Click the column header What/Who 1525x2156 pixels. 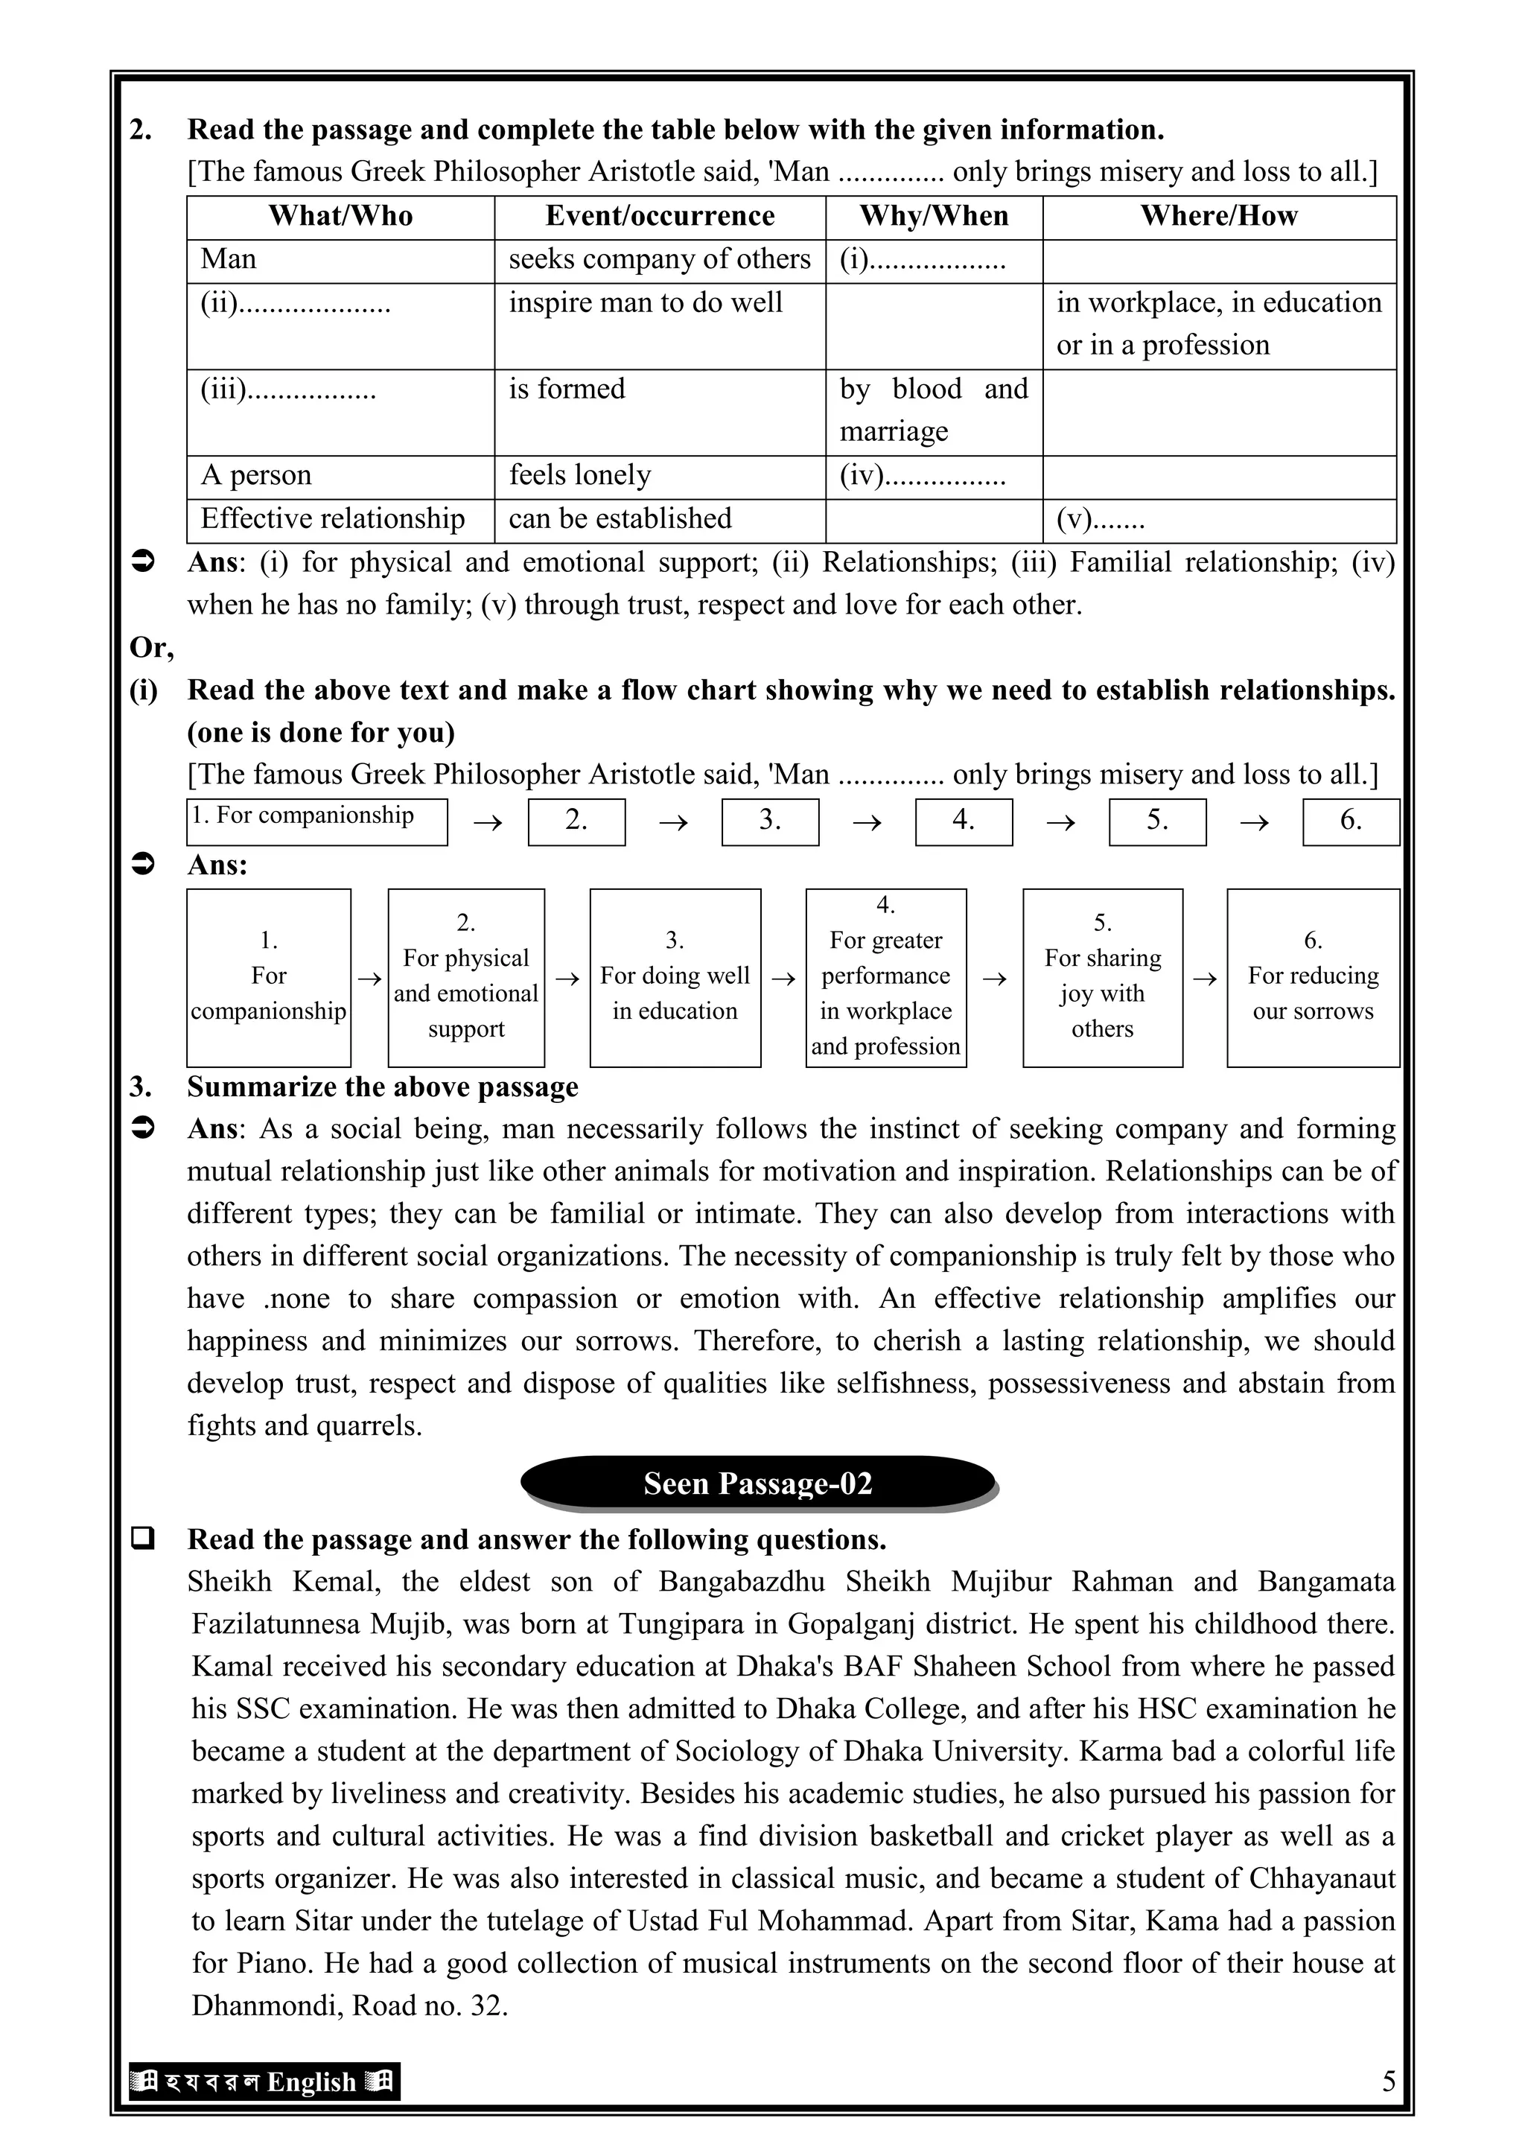[340, 216]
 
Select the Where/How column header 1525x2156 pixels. [1218, 216]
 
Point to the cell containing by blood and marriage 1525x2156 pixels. [934, 410]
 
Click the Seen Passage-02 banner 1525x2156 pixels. [758, 1483]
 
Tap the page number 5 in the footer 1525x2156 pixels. [1388, 2081]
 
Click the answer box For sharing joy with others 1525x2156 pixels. [1103, 978]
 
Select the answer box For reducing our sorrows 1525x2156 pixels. [1313, 978]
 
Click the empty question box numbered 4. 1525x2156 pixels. [964, 821]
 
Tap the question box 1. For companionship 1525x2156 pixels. [316, 821]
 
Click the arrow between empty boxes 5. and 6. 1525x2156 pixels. [1254, 823]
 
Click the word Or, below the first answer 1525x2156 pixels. [151, 647]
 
